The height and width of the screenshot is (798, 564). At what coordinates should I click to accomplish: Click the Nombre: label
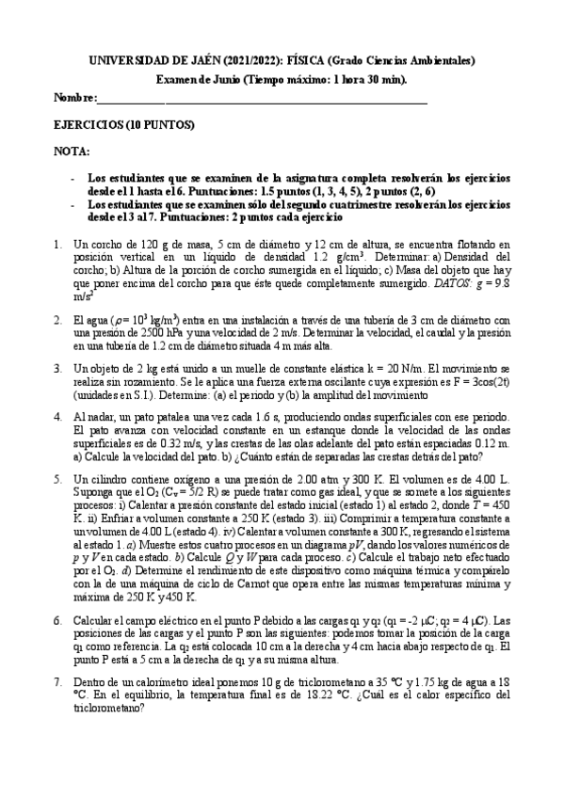click(74, 97)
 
